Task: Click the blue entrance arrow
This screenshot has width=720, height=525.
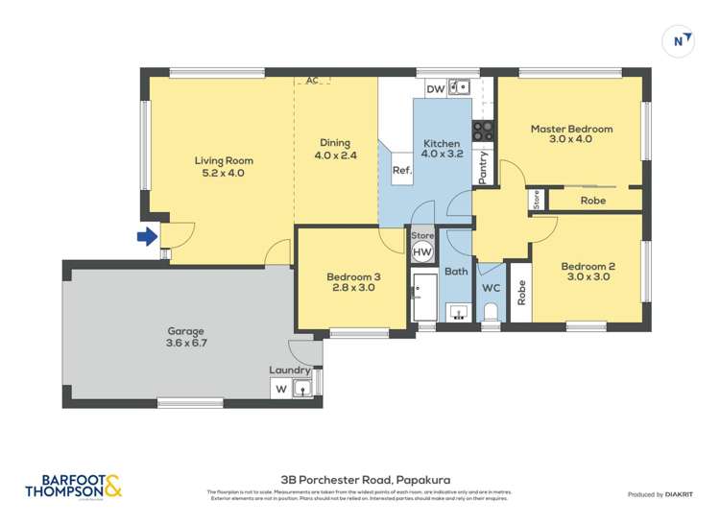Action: click(x=147, y=236)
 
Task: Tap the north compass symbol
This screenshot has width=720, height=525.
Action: click(x=680, y=40)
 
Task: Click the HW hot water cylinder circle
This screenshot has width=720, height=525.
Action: click(x=422, y=252)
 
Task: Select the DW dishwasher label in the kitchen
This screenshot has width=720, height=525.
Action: click(x=435, y=88)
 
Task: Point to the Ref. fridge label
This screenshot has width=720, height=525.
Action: click(x=400, y=170)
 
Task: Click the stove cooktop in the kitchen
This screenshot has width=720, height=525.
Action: click(x=482, y=129)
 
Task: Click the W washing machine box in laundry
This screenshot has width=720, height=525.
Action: click(x=281, y=389)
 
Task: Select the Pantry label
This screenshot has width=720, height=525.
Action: click(x=484, y=167)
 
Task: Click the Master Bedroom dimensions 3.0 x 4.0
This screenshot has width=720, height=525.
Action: click(x=571, y=140)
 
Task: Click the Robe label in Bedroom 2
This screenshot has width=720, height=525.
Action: click(x=521, y=293)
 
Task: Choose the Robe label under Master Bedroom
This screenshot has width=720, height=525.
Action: click(x=593, y=201)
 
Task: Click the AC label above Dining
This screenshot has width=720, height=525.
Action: click(x=312, y=82)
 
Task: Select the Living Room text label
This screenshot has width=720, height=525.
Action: click(x=224, y=160)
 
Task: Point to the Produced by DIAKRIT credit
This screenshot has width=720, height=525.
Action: click(x=661, y=494)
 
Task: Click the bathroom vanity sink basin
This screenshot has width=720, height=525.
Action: click(x=457, y=313)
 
